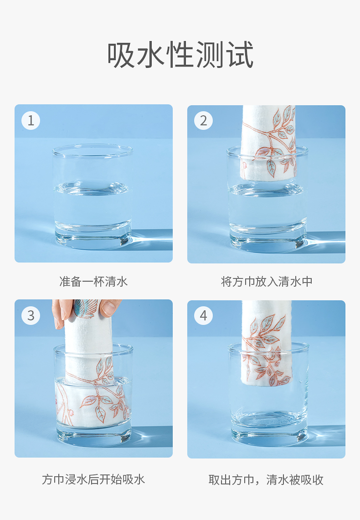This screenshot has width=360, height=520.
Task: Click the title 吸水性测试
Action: [x=180, y=55]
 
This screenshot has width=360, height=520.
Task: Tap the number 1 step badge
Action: [x=31, y=120]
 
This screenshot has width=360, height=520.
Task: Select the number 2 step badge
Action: [x=204, y=120]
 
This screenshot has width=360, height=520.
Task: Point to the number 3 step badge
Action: [x=31, y=315]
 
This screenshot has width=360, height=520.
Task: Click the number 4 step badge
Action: [x=204, y=315]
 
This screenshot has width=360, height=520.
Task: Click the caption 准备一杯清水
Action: [x=93, y=282]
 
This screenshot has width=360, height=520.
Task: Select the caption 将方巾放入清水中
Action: [x=267, y=282]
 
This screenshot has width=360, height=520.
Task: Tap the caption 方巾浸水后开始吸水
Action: [x=93, y=479]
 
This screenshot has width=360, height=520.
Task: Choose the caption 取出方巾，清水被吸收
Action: [x=266, y=479]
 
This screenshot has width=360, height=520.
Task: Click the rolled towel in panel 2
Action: [x=268, y=143]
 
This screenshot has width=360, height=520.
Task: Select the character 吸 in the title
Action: [x=121, y=55]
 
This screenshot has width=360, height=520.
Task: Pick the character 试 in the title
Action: [x=240, y=55]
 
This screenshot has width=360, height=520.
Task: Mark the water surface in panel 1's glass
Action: [x=93, y=188]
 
